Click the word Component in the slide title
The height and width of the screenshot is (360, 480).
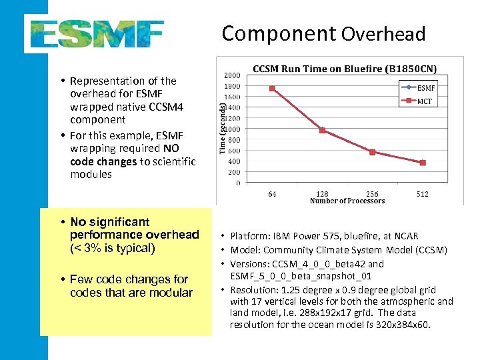(x=279, y=33)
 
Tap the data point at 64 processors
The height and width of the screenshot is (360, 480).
(x=272, y=88)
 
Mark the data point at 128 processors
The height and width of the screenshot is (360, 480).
(x=323, y=130)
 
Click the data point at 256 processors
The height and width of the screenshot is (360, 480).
(x=373, y=152)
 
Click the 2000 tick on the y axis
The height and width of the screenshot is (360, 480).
(x=233, y=75)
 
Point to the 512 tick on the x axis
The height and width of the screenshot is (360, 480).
(x=423, y=194)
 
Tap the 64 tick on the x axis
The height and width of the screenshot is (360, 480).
(x=272, y=194)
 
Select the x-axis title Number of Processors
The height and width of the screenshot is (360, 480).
(x=347, y=201)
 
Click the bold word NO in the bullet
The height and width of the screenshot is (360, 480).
(x=171, y=147)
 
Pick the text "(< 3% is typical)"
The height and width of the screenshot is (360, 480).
(x=112, y=248)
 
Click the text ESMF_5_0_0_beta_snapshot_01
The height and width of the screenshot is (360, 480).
(x=301, y=276)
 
